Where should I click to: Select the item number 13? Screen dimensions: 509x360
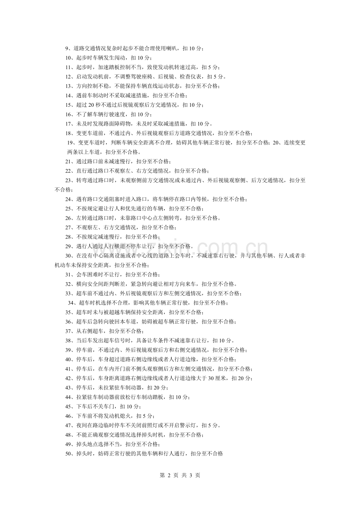68,86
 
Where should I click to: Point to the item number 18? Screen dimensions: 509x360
68,133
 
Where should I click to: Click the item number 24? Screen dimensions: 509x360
68,199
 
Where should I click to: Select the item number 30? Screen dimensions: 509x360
68,256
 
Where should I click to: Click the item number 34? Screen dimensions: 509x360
71,303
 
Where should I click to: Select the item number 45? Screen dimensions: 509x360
68,406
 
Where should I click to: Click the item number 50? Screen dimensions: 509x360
68,453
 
